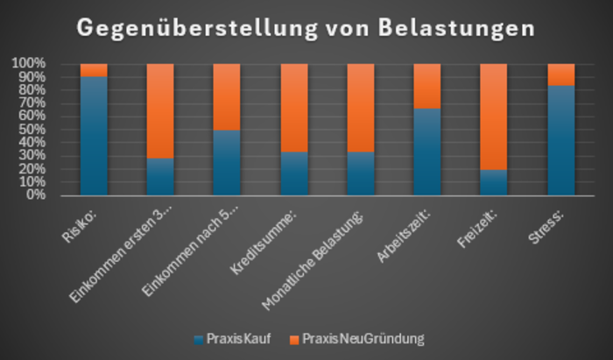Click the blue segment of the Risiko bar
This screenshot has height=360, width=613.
pyautogui.click(x=94, y=136)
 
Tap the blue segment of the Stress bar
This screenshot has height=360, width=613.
pyautogui.click(x=560, y=140)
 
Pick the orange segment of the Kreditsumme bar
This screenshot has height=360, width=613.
pyautogui.click(x=294, y=108)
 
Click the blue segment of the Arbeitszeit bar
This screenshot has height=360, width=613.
pyautogui.click(x=427, y=152)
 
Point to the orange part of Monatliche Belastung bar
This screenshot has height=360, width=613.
pyautogui.click(x=361, y=108)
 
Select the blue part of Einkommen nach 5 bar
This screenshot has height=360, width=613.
pyautogui.click(x=227, y=163)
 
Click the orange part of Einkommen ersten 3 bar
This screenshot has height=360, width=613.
pyautogui.click(x=160, y=110)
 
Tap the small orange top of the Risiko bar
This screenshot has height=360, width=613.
pyautogui.click(x=94, y=70)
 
